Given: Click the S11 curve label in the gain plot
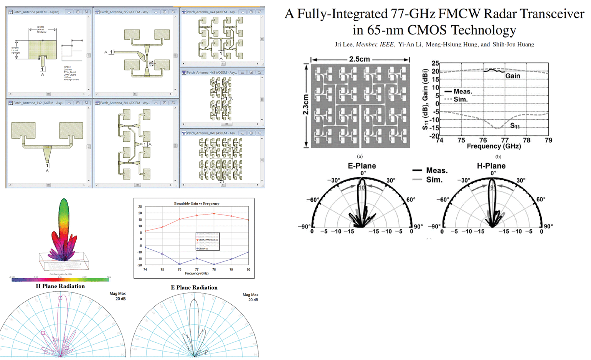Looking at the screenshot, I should (515, 126).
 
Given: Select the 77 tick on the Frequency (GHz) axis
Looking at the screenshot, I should (505, 140).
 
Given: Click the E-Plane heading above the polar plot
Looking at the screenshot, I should (362, 166).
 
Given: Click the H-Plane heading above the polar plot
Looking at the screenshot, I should (491, 166).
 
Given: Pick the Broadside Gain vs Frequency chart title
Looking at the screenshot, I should (196, 203).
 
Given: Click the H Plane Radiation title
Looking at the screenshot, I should (60, 286).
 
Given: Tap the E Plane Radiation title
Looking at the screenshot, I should (194, 287).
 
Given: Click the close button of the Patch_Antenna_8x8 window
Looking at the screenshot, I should (260, 133).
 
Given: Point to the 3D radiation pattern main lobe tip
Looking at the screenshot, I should (64, 200).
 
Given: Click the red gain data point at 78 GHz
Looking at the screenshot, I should (214, 214).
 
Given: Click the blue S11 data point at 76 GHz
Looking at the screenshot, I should (179, 264).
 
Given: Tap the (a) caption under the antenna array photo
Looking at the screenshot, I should (360, 156).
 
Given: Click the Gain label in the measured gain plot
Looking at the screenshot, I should (512, 76).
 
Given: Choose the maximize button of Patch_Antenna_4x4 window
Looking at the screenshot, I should (251, 12).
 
